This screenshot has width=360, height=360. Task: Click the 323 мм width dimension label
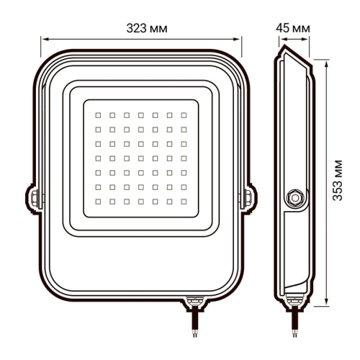tap(141, 28)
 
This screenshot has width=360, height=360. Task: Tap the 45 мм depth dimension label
tap(293, 28)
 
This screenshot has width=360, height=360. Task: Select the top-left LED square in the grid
tap(98, 114)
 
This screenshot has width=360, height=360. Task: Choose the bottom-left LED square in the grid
tap(98, 199)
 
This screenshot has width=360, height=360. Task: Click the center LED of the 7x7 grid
tap(140, 157)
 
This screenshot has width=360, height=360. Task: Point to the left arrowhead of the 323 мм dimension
tap(42, 40)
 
